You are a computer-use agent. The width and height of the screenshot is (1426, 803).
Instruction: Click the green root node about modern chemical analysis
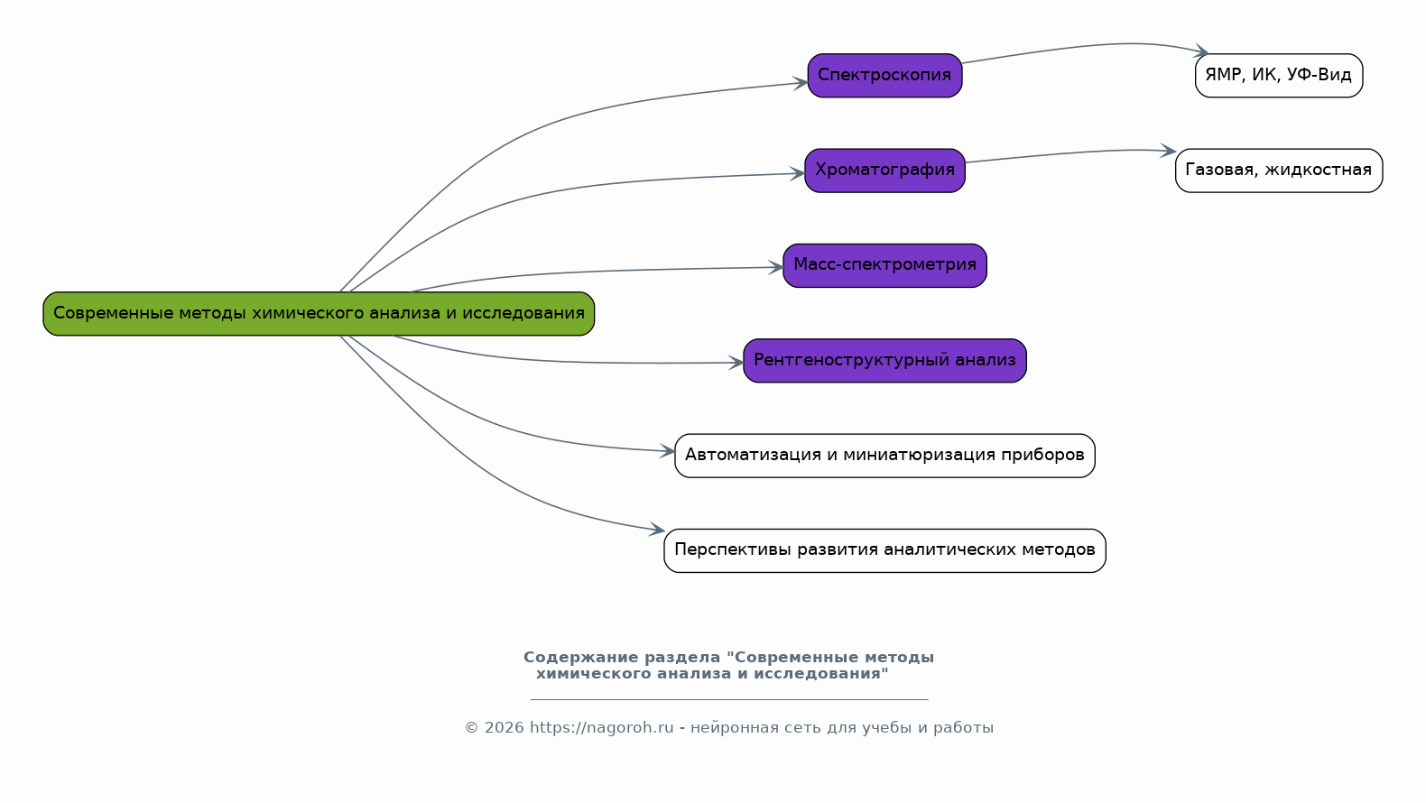tap(319, 314)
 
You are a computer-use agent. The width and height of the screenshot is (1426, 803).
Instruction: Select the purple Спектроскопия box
tap(884, 76)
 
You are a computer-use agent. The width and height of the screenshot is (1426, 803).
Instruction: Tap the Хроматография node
tap(884, 171)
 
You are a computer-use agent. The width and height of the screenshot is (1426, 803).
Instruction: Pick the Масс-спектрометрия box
tap(884, 265)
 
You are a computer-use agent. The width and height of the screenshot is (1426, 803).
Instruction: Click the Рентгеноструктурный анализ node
tap(884, 361)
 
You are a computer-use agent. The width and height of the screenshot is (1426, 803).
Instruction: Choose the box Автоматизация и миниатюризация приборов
tap(884, 456)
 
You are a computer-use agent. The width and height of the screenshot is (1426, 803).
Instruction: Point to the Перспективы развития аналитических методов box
tap(884, 550)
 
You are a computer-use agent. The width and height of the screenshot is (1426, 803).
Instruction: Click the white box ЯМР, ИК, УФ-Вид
tap(1278, 76)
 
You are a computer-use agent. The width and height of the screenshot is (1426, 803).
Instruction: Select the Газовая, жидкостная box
tap(1278, 171)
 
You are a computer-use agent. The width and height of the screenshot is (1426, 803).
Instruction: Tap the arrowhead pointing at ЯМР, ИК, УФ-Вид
tap(1201, 52)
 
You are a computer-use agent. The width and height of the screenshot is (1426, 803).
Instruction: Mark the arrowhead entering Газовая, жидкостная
tap(1169, 151)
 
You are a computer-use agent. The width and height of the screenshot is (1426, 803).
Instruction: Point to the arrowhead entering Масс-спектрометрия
tap(776, 267)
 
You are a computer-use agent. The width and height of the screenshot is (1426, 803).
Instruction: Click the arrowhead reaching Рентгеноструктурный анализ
tap(736, 363)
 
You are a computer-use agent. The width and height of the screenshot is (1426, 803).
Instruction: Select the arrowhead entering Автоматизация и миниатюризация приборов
tap(668, 451)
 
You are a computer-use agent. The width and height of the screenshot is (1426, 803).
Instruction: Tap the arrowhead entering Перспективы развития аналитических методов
tap(658, 531)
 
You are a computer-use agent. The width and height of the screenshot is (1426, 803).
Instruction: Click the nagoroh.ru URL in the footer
tap(601, 728)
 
